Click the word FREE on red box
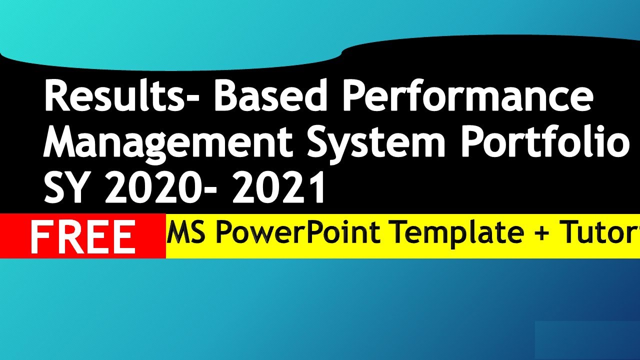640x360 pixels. pyautogui.click(x=83, y=236)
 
